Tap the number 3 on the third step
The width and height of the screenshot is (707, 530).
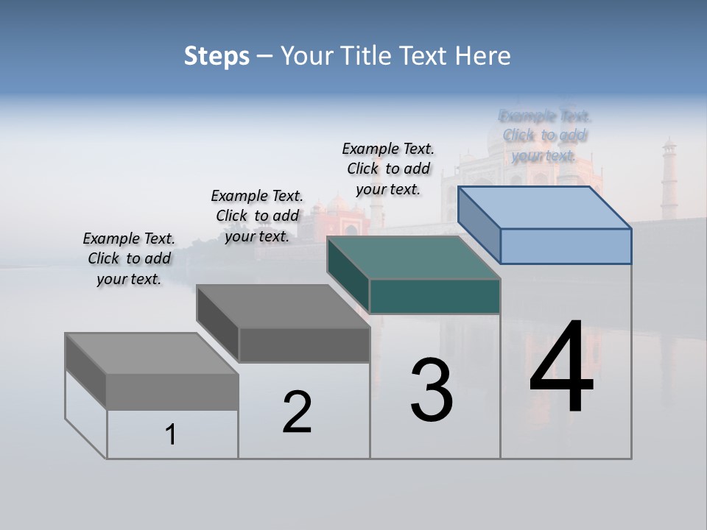click(x=432, y=390)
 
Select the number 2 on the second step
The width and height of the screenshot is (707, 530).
click(x=297, y=412)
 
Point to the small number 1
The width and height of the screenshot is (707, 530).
click(x=171, y=434)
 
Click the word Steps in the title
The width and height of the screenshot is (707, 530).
click(x=217, y=56)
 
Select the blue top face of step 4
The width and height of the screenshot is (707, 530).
click(x=544, y=208)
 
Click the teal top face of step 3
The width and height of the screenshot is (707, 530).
click(x=412, y=258)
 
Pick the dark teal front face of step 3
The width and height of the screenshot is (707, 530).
click(x=435, y=296)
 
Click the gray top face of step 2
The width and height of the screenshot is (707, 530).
click(x=282, y=306)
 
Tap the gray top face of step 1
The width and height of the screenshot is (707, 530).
click(x=151, y=354)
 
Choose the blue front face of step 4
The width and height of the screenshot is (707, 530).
click(x=566, y=246)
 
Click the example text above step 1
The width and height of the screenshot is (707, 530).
click(x=129, y=258)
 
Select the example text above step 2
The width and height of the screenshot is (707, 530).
click(x=257, y=216)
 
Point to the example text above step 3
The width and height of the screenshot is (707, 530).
click(x=388, y=169)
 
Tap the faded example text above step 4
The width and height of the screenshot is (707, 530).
click(x=544, y=135)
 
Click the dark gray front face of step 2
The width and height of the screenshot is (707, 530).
click(x=304, y=344)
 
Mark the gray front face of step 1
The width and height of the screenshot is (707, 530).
click(x=172, y=392)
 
